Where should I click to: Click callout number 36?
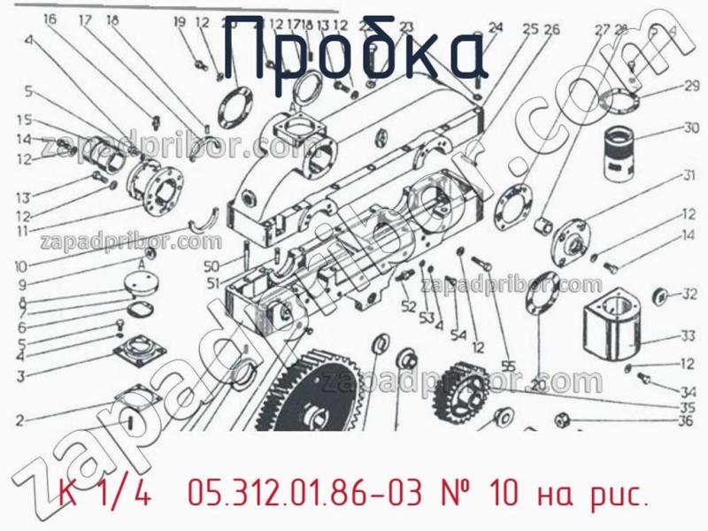pyautogui.click(x=684, y=420)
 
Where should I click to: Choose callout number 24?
pyautogui.click(x=495, y=27)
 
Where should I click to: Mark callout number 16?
pyautogui.click(x=49, y=19)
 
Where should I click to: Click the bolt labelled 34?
pyautogui.click(x=645, y=381)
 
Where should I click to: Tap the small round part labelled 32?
pyautogui.click(x=658, y=295)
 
